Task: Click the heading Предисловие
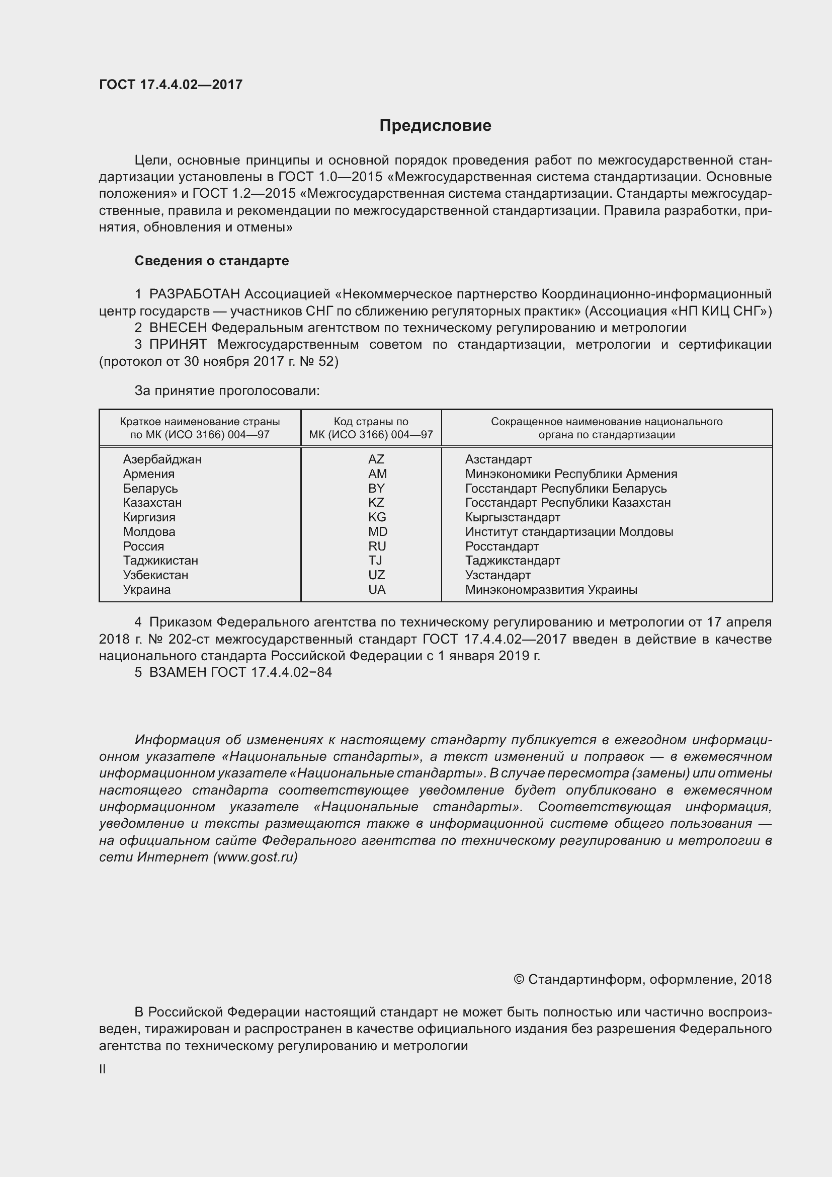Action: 435,126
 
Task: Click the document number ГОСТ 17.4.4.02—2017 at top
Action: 171,85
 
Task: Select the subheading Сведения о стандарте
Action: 212,261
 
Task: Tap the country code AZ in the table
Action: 376,459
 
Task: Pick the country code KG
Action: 377,517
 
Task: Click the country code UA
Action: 377,590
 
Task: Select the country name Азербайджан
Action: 162,459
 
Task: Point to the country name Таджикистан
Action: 160,561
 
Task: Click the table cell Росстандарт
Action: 502,546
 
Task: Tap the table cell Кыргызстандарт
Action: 512,517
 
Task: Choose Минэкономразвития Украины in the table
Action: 551,590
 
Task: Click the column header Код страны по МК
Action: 371,428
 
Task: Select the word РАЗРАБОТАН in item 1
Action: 195,294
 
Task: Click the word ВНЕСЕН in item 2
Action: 178,328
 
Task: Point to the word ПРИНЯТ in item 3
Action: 178,345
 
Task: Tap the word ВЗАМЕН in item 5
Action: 178,672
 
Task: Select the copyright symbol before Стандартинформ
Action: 519,980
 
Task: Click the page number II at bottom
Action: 103,1069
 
